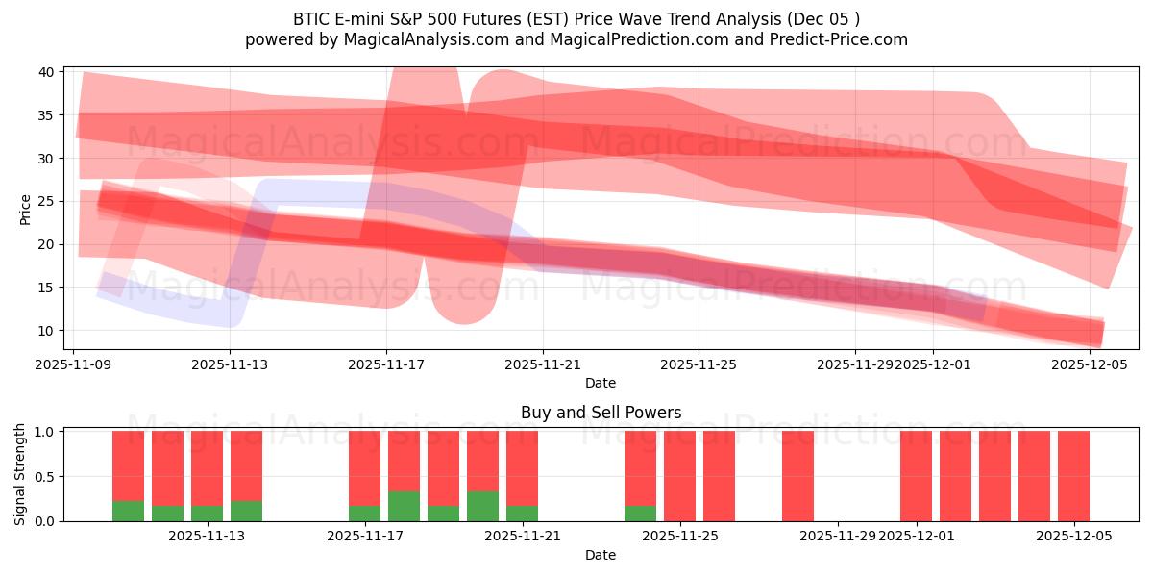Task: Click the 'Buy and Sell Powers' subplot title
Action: pos(601,413)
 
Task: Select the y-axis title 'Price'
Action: pos(25,209)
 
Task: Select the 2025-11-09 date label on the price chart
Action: pos(73,364)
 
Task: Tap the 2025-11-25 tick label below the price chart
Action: pos(699,364)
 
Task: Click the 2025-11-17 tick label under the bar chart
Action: pos(365,536)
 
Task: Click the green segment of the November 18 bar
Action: pos(404,506)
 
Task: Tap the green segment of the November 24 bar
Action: pos(640,514)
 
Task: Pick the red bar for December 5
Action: pos(1073,476)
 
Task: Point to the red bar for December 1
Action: pos(916,476)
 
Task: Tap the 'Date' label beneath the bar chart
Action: pos(601,555)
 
